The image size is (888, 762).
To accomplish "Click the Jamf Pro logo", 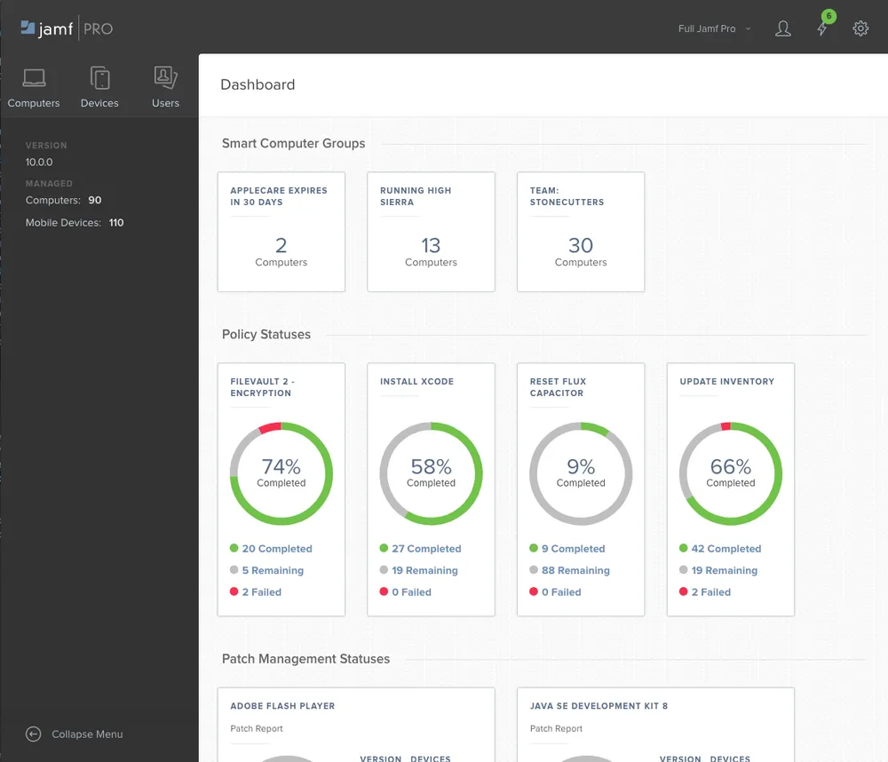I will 67,28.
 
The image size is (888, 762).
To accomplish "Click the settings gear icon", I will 860,28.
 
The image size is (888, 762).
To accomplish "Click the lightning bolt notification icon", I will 822,29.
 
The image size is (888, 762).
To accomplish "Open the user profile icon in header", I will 782,28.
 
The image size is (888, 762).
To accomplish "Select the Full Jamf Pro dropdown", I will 713,28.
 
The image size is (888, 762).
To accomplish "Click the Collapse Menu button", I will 75,734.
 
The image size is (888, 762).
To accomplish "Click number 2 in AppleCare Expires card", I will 281,244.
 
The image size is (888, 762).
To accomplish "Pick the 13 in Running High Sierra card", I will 431,244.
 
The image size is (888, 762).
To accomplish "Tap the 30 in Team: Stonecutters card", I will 581,244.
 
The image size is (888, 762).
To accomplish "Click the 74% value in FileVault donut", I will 281,466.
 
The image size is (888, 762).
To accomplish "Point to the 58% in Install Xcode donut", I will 431,466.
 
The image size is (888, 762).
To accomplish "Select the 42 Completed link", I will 725,549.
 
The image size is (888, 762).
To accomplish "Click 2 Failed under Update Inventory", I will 710,591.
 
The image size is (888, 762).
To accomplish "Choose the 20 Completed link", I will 276,549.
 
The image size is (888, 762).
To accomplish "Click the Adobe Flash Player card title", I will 282,706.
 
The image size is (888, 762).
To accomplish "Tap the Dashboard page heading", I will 258,84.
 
